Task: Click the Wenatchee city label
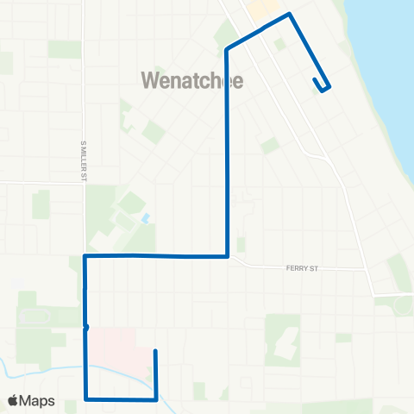click(x=191, y=81)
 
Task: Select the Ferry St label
click(x=302, y=268)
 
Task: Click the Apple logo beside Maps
click(x=13, y=400)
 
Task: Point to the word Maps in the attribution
click(x=38, y=400)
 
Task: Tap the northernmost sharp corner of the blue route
click(x=289, y=14)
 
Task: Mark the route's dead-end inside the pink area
click(x=154, y=351)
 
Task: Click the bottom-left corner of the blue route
click(x=86, y=398)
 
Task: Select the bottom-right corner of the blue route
click(x=155, y=398)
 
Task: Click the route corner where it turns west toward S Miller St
click(x=226, y=255)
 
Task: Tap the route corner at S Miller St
click(x=85, y=256)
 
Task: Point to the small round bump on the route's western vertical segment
click(x=85, y=327)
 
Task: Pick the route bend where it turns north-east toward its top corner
click(x=227, y=49)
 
